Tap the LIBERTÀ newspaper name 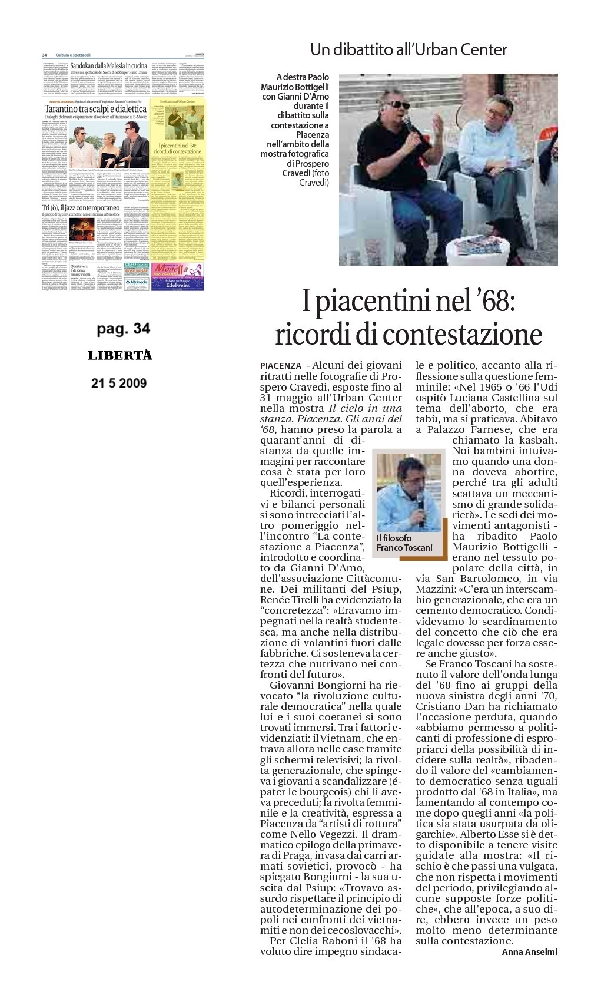pos(120,356)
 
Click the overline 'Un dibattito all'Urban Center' pos(409,50)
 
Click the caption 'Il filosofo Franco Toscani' pos(404,543)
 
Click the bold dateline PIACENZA pos(280,366)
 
